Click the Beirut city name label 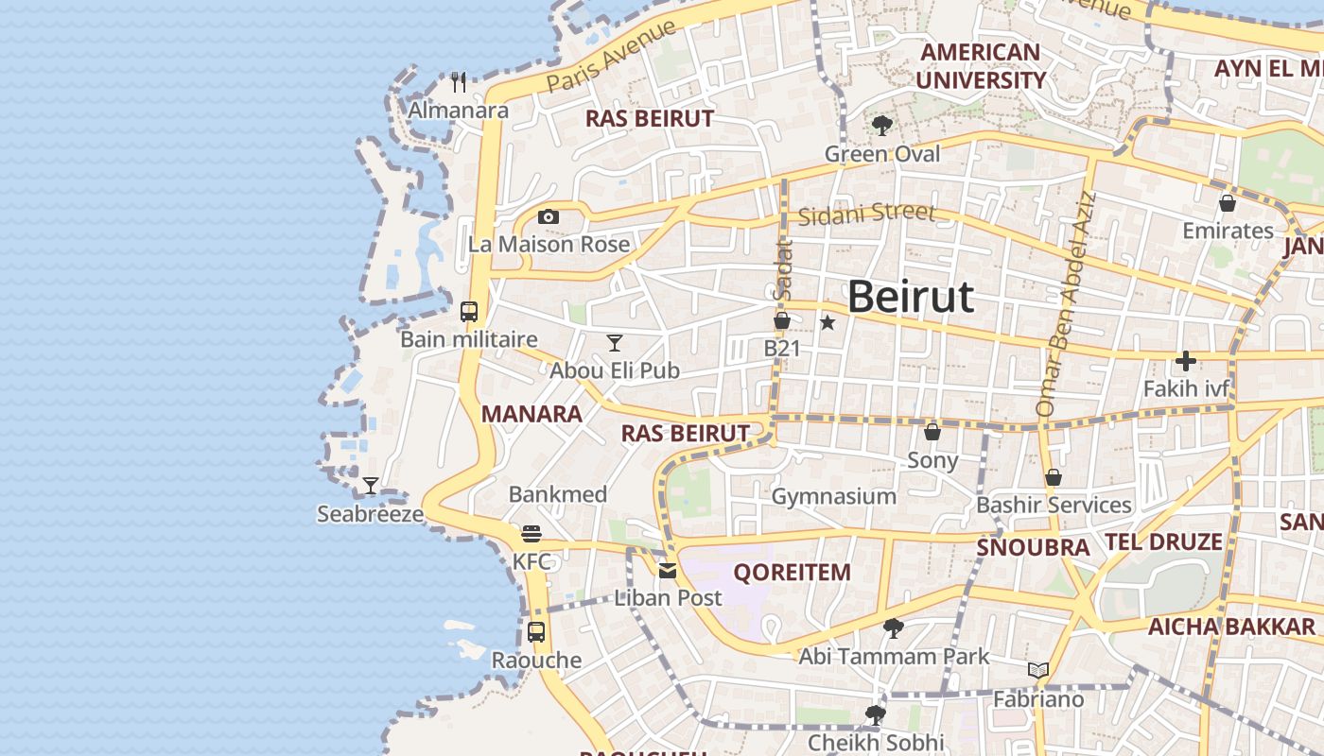click(910, 297)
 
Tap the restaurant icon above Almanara click(459, 82)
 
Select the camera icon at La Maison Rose click(549, 217)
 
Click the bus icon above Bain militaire click(469, 311)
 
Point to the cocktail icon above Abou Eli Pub click(615, 342)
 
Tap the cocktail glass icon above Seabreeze click(371, 486)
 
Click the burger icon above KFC click(531, 534)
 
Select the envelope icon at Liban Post click(668, 570)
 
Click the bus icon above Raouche click(536, 632)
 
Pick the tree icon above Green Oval click(882, 126)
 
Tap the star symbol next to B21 click(827, 322)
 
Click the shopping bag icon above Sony click(932, 432)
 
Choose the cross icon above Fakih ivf click(1186, 361)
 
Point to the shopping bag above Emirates click(1228, 203)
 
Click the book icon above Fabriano click(1038, 671)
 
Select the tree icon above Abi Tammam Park click(893, 627)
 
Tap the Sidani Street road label click(866, 215)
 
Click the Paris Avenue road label click(612, 57)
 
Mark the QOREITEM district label click(793, 573)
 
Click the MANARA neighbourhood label click(531, 414)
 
